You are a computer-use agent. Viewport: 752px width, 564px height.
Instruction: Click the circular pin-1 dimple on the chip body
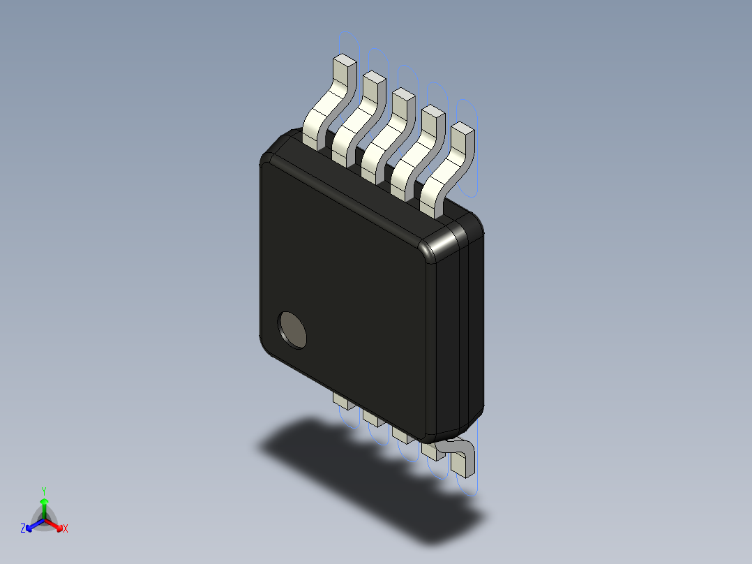click(x=292, y=329)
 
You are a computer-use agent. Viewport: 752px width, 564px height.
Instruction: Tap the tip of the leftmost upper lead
click(x=343, y=64)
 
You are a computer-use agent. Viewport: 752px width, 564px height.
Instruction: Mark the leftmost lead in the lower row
click(x=342, y=400)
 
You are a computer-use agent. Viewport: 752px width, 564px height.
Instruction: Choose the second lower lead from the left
click(x=371, y=417)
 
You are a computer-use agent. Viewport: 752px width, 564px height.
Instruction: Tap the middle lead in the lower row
click(x=400, y=434)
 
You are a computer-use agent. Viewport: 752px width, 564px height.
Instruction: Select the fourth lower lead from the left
click(x=430, y=452)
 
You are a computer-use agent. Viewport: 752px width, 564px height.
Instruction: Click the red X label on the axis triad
click(x=66, y=529)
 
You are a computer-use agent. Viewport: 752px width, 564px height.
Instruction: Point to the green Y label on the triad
click(x=44, y=491)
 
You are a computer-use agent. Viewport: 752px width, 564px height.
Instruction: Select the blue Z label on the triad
click(x=23, y=528)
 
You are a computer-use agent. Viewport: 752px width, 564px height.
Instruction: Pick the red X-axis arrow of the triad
click(x=55, y=524)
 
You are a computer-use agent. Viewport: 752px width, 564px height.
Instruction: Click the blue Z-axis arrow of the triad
click(x=33, y=525)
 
